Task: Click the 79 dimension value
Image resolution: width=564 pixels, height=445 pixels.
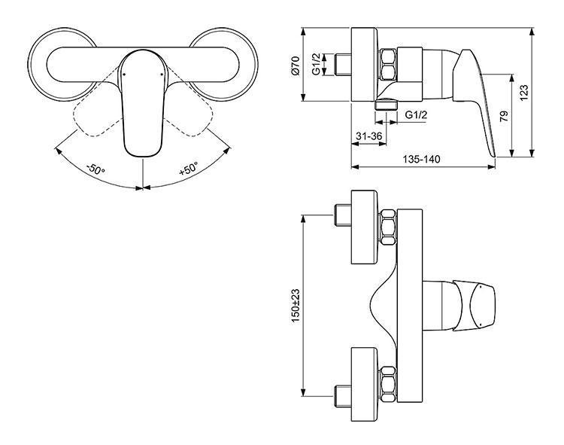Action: [x=503, y=116]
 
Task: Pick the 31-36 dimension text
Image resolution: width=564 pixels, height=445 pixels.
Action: [x=368, y=136]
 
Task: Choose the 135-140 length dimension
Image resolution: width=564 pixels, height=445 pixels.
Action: [x=420, y=160]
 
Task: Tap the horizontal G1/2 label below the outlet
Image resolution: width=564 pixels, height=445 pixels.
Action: [x=416, y=115]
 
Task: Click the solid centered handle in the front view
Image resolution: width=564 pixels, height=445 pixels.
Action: [x=142, y=105]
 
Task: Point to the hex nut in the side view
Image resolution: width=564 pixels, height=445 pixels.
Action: [x=389, y=66]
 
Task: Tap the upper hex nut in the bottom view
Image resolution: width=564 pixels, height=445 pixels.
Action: [x=390, y=227]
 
